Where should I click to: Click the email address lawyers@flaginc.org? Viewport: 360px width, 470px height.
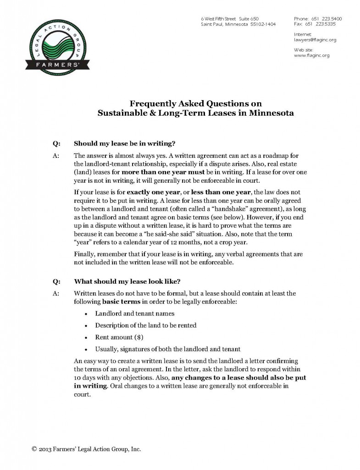[315, 40]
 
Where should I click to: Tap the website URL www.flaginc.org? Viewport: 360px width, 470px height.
[311, 56]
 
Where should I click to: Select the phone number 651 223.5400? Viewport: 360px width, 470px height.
[327, 18]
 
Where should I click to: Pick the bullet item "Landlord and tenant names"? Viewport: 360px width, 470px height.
[134, 313]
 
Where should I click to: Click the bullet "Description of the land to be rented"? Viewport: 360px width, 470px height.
[145, 325]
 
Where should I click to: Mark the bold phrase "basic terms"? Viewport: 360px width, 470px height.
[121, 302]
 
